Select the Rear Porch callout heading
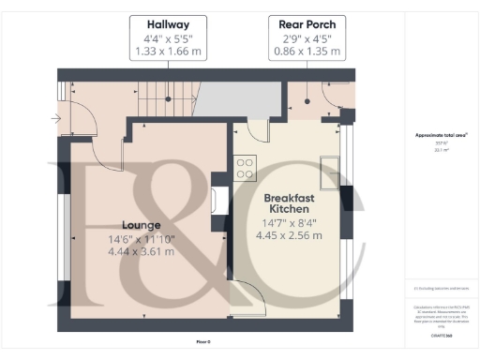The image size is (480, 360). pyautogui.click(x=307, y=23)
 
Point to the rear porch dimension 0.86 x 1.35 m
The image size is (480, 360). pyautogui.click(x=307, y=53)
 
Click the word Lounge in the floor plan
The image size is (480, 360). pyautogui.click(x=140, y=225)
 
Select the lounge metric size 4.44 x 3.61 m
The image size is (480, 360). pyautogui.click(x=140, y=252)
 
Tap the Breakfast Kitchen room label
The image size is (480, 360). pyautogui.click(x=292, y=204)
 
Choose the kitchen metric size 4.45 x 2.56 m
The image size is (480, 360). pyautogui.click(x=292, y=235)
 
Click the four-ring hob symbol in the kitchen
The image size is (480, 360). pyautogui.click(x=245, y=168)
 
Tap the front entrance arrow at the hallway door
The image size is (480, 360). pyautogui.click(x=58, y=118)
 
